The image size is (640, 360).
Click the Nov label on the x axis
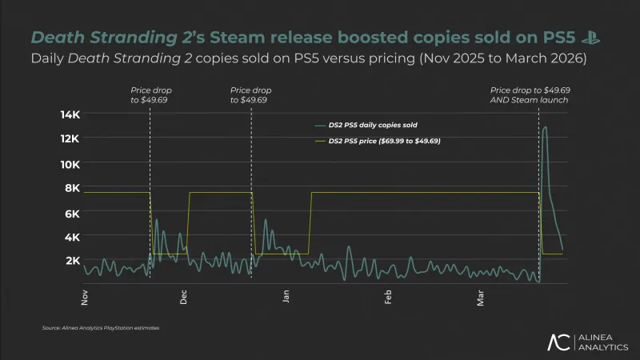86,298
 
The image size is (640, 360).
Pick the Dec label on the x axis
184,298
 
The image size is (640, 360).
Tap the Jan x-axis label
286,298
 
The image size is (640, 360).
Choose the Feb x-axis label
388,298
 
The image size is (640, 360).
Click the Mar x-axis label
481,298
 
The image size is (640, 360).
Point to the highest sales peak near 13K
545,127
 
